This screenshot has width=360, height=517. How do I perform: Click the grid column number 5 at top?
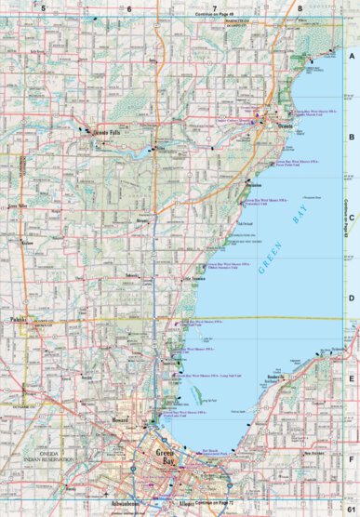coord(43,7)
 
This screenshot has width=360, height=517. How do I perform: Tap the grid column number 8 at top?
coord(300,7)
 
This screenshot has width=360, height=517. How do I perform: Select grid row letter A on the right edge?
coord(352,57)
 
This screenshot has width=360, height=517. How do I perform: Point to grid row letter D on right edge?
coord(352,298)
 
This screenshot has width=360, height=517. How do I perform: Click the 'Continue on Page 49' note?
coord(214,15)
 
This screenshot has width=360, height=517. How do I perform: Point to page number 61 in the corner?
coord(350,510)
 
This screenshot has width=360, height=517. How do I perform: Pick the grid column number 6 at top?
coord(130,7)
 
